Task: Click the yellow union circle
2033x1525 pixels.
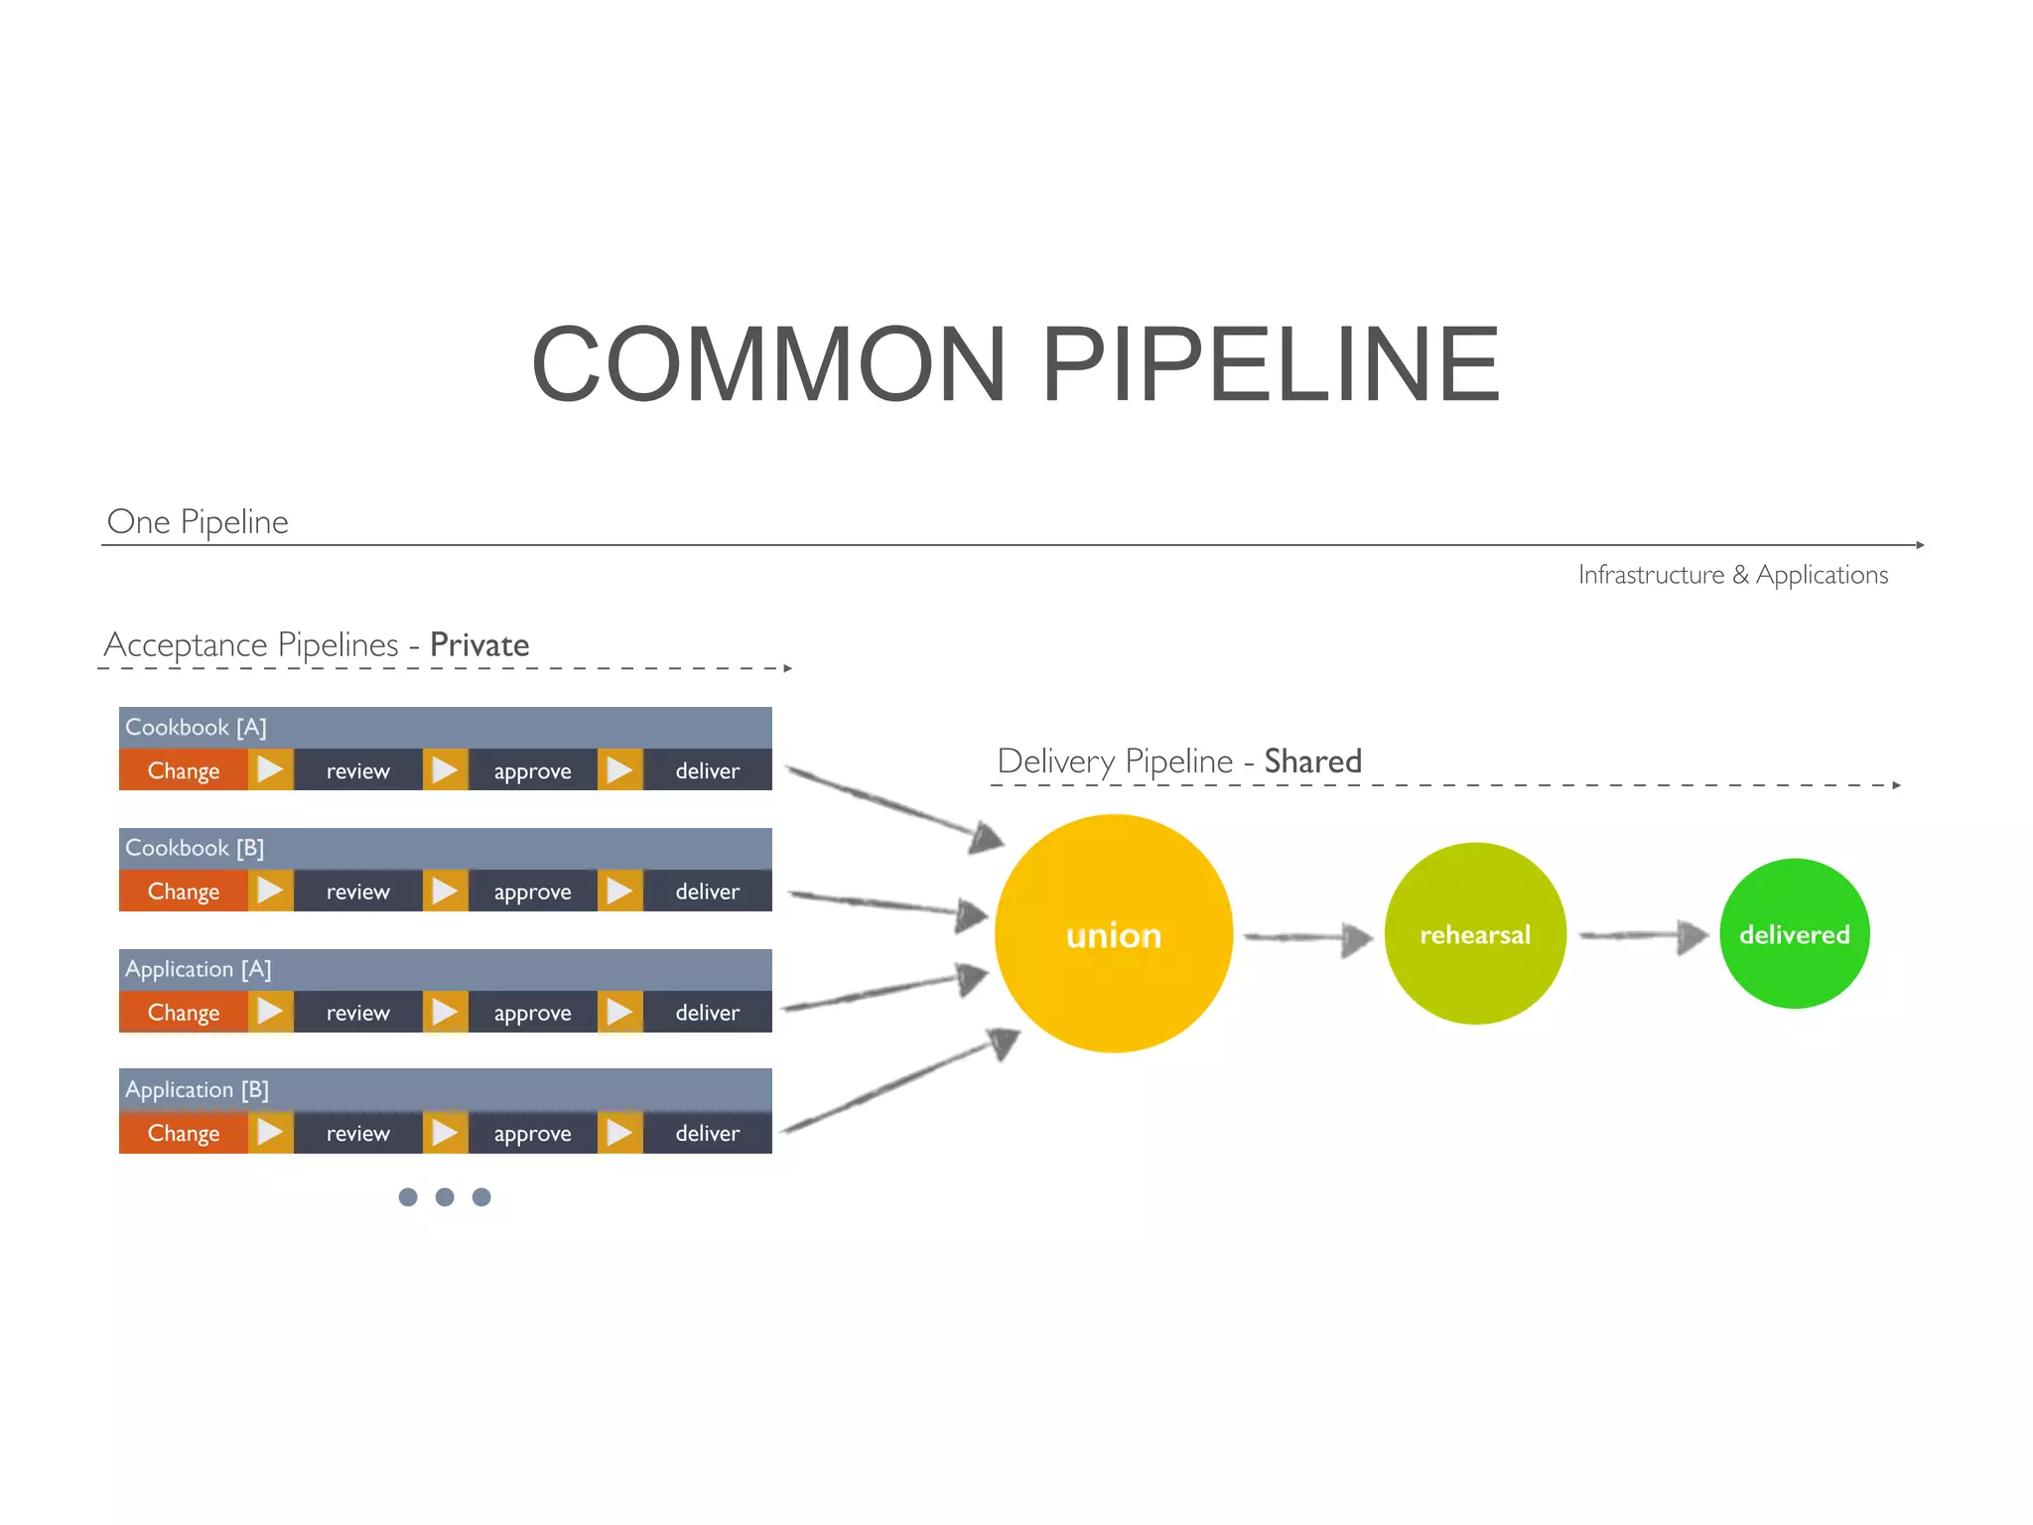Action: pos(1113,933)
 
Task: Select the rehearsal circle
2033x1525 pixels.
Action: pos(1475,933)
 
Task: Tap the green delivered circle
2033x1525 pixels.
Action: pos(1794,933)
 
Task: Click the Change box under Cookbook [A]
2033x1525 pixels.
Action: pos(183,770)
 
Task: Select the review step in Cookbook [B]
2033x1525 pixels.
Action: pos(357,892)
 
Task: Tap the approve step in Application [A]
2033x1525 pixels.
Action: pos(532,1013)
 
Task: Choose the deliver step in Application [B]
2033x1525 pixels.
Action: pos(707,1133)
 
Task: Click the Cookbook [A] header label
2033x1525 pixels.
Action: pos(196,727)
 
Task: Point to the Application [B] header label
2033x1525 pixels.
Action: pos(197,1089)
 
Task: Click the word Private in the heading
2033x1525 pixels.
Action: pos(479,645)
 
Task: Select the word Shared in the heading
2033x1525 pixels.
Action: pos(1312,762)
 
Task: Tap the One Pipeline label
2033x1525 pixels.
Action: pos(198,521)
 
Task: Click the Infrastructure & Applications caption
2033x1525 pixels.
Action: pos(1732,575)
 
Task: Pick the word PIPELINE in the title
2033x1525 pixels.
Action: pos(1271,364)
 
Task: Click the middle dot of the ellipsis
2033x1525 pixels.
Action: pos(445,1196)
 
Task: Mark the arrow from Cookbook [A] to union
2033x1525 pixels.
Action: pos(893,804)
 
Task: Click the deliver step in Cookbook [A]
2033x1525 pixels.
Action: pos(707,770)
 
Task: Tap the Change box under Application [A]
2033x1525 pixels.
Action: pos(183,1013)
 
